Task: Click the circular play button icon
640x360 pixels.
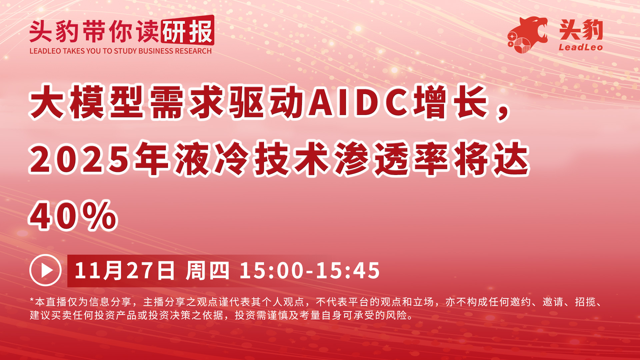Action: [45, 270]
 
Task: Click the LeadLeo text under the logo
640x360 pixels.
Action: [581, 47]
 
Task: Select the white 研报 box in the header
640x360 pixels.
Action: [187, 31]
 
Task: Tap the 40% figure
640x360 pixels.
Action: [73, 216]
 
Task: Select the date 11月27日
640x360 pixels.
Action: [125, 270]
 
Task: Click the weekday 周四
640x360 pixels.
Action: [207, 270]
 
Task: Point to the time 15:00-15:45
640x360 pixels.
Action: [310, 270]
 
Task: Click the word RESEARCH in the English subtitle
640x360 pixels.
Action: [193, 51]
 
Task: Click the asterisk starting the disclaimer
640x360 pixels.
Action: [32, 301]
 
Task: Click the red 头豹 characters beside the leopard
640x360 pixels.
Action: [581, 30]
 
